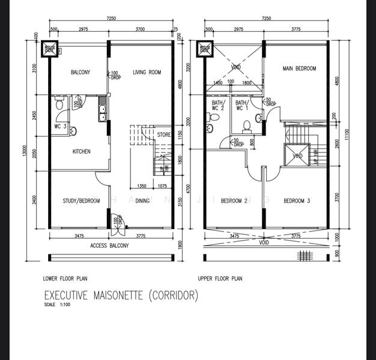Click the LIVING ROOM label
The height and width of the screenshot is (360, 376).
tap(147, 73)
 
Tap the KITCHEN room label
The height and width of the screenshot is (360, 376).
tap(82, 152)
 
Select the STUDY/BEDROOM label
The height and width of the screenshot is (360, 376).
tap(81, 201)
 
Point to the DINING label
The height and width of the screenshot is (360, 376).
tap(142, 201)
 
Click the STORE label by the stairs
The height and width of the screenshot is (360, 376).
tap(163, 136)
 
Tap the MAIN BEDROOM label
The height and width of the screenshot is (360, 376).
tap(299, 69)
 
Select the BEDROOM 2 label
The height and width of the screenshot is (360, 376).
tap(234, 200)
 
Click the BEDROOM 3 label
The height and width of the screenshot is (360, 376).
tap(297, 200)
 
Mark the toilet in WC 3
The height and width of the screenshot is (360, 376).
tap(59, 104)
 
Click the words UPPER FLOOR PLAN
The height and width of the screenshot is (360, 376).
tap(220, 279)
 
